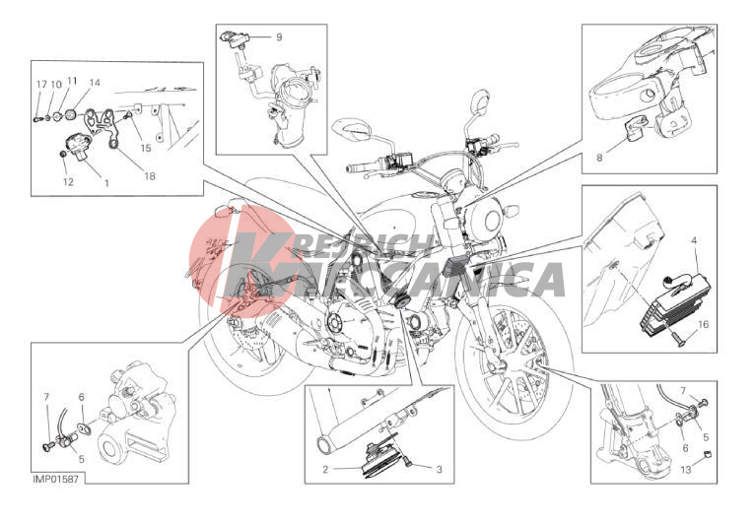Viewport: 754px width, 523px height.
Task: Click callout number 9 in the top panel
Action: pyautogui.click(x=279, y=37)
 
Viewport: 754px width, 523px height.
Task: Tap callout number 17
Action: pyautogui.click(x=41, y=85)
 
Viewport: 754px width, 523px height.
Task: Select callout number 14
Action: pyautogui.click(x=95, y=83)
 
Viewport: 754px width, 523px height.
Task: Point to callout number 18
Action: pyautogui.click(x=150, y=176)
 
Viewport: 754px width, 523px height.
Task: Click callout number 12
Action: pyautogui.click(x=68, y=181)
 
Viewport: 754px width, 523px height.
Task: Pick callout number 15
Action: pyautogui.click(x=146, y=148)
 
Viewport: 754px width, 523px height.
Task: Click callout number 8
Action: pyautogui.click(x=599, y=158)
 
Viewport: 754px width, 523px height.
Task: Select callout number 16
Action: pyautogui.click(x=703, y=324)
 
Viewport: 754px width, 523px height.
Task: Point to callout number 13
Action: pyautogui.click(x=686, y=470)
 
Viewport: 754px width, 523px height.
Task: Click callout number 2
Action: pyautogui.click(x=325, y=469)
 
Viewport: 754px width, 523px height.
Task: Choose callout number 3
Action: pyautogui.click(x=439, y=469)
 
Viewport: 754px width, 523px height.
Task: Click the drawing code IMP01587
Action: pyautogui.click(x=55, y=480)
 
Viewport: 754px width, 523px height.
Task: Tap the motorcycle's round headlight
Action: pyautogui.click(x=491, y=221)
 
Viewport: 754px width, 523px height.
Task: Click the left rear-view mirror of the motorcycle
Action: pyautogui.click(x=356, y=129)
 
